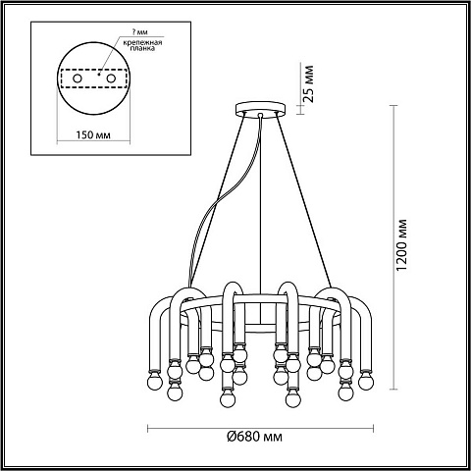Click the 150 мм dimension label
(x=93, y=134)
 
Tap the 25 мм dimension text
(x=308, y=84)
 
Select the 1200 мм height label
(x=401, y=244)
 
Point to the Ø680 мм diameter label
(x=254, y=437)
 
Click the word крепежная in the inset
(x=142, y=42)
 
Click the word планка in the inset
(x=142, y=48)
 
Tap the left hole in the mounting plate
(x=78, y=78)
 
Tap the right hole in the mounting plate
(x=111, y=78)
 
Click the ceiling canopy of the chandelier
(x=261, y=107)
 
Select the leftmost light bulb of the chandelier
(x=154, y=381)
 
